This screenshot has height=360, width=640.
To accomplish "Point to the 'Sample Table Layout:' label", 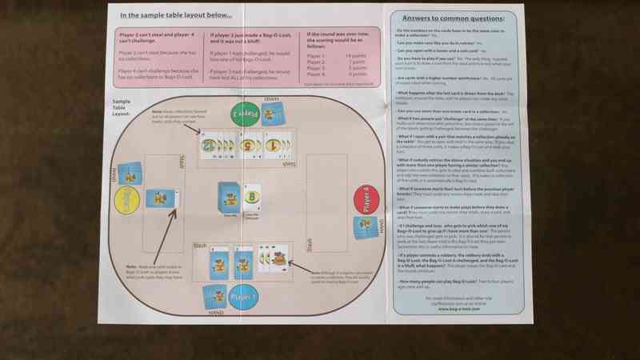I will [122, 108].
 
